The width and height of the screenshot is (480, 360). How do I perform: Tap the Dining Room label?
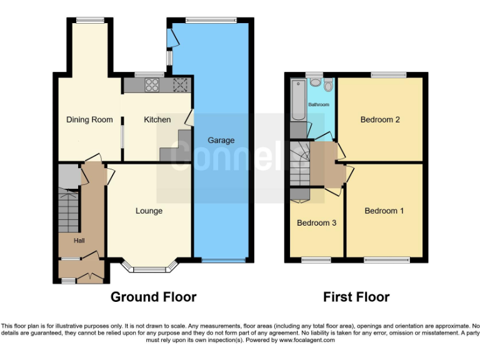(89, 120)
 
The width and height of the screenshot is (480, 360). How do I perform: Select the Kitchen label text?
(157, 120)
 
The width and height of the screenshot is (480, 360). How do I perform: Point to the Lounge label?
(149, 211)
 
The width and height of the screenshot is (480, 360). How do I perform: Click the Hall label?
(79, 241)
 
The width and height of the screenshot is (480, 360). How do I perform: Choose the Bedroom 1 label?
(384, 211)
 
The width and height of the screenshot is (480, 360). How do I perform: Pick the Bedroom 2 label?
(380, 120)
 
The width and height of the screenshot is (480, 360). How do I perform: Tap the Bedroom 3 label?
(316, 223)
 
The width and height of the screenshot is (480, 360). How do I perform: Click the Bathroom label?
(318, 104)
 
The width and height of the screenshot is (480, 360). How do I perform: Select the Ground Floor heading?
(153, 297)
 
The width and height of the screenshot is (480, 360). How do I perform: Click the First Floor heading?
(356, 297)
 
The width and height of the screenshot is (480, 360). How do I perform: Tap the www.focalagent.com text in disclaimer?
(307, 341)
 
